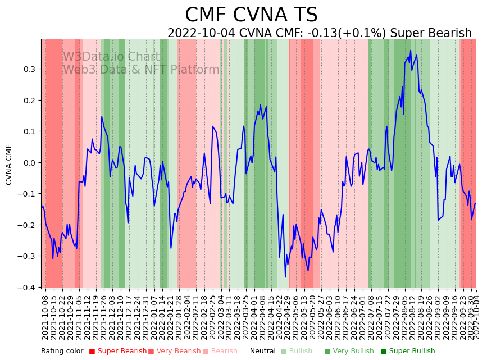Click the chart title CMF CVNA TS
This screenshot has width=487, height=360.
coord(251,15)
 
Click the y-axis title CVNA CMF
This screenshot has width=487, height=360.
coord(9,164)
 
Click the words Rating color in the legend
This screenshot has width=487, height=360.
coord(62,351)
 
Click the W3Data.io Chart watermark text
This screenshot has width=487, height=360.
coord(111,57)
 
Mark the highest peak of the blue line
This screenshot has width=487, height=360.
coord(411,51)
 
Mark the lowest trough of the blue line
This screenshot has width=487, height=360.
coord(285,277)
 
